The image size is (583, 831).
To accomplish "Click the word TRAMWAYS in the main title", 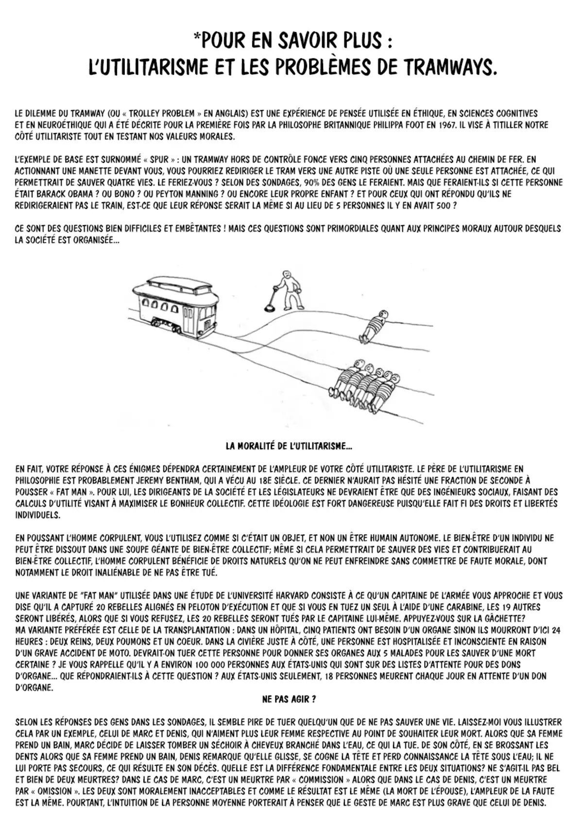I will tap(451, 67).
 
